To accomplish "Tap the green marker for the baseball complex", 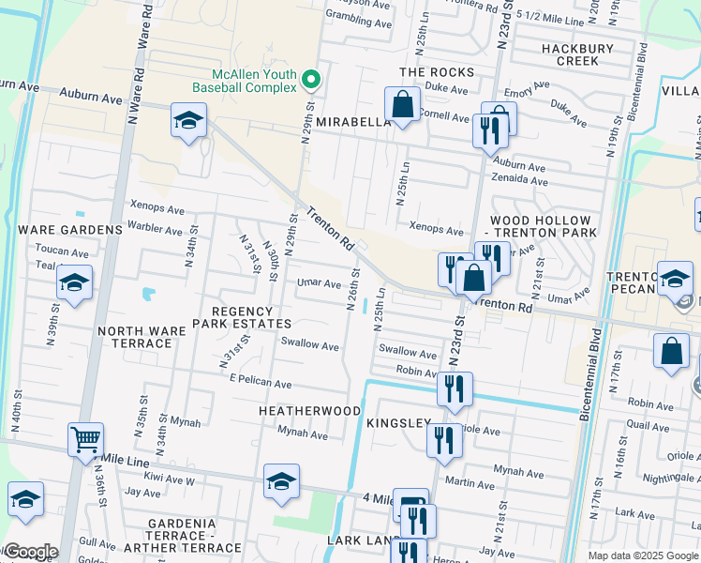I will pyautogui.click(x=313, y=79).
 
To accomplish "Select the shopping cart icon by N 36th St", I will pyautogui.click(x=85, y=438).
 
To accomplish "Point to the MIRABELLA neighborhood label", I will pyautogui.click(x=352, y=122).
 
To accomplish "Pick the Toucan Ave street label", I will pyautogui.click(x=61, y=251).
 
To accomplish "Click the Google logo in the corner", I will pyautogui.click(x=30, y=552).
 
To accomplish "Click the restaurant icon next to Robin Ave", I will pyautogui.click(x=455, y=388).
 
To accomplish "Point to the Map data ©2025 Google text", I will pyautogui.click(x=643, y=555).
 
